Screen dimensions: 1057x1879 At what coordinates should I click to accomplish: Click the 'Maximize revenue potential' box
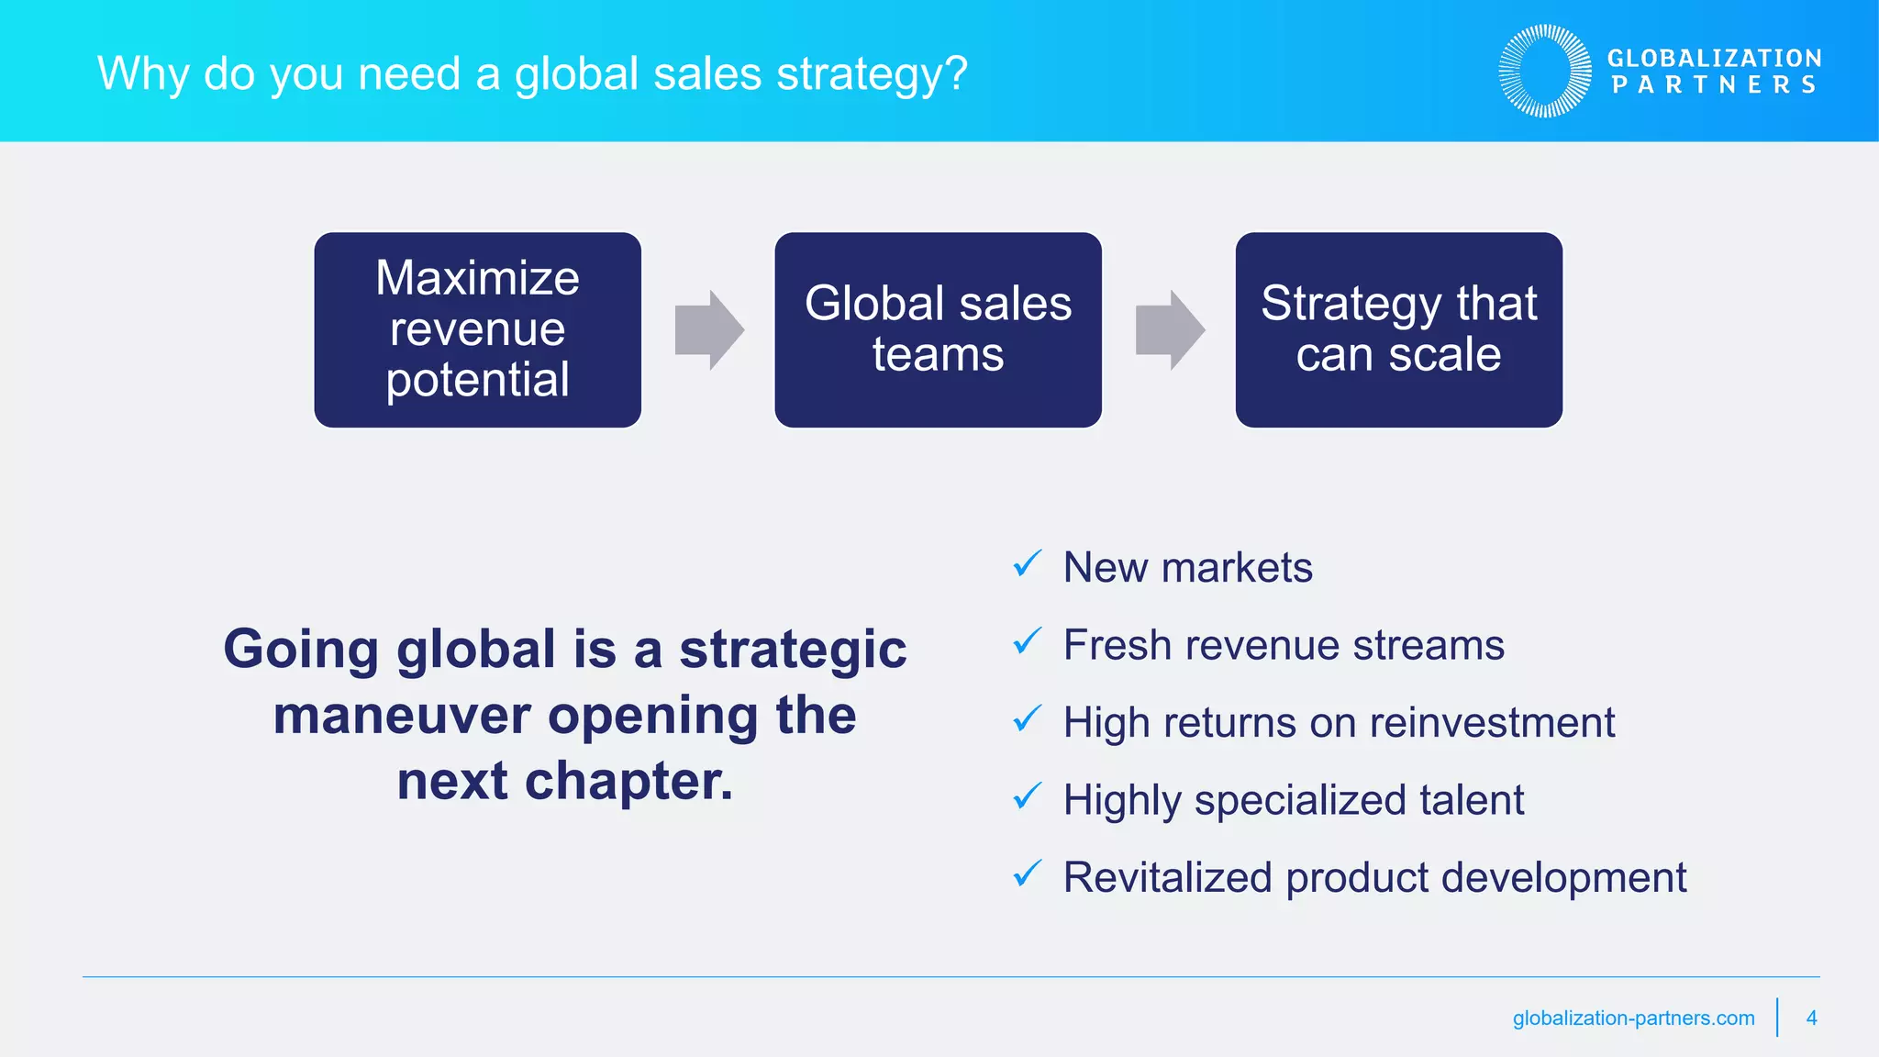(477, 329)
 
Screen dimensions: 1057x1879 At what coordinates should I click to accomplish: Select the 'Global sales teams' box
(938, 329)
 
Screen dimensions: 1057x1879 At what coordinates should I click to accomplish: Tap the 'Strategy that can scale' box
(1398, 329)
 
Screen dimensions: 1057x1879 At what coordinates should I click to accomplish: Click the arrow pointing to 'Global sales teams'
(708, 330)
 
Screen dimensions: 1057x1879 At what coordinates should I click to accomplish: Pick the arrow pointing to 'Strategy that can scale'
(1169, 330)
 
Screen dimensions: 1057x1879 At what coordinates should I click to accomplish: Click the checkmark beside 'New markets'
(1027, 564)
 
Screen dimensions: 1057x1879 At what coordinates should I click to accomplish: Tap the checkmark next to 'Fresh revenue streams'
(1027, 641)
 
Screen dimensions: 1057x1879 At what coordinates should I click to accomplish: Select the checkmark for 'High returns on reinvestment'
(1027, 718)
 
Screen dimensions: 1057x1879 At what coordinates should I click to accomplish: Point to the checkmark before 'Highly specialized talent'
(1027, 796)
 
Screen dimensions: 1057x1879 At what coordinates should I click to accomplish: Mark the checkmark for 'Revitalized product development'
(1027, 873)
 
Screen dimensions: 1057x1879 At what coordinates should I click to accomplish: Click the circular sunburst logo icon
(1545, 72)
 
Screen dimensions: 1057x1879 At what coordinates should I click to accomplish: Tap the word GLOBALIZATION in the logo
(1714, 59)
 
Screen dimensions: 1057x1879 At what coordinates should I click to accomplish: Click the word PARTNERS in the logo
(1714, 85)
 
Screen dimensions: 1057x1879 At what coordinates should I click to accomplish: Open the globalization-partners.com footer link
(1633, 1018)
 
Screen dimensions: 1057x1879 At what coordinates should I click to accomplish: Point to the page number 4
(1811, 1018)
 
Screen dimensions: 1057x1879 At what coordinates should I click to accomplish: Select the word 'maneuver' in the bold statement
(402, 717)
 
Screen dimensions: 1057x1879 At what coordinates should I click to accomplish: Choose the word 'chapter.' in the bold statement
(628, 782)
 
